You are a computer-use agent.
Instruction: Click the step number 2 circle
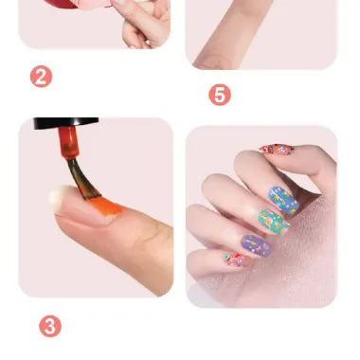(x=41, y=77)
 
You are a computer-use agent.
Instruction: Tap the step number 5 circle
(x=220, y=95)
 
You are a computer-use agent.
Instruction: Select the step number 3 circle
(x=50, y=326)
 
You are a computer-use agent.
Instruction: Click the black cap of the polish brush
(x=66, y=123)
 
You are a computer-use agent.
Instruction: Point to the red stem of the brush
(x=68, y=142)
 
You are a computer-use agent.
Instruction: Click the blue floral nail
(x=283, y=200)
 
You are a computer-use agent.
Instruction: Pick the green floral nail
(x=274, y=222)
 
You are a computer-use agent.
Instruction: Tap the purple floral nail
(x=256, y=245)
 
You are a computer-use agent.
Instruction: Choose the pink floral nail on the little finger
(x=238, y=260)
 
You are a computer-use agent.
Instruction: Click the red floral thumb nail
(x=277, y=150)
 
